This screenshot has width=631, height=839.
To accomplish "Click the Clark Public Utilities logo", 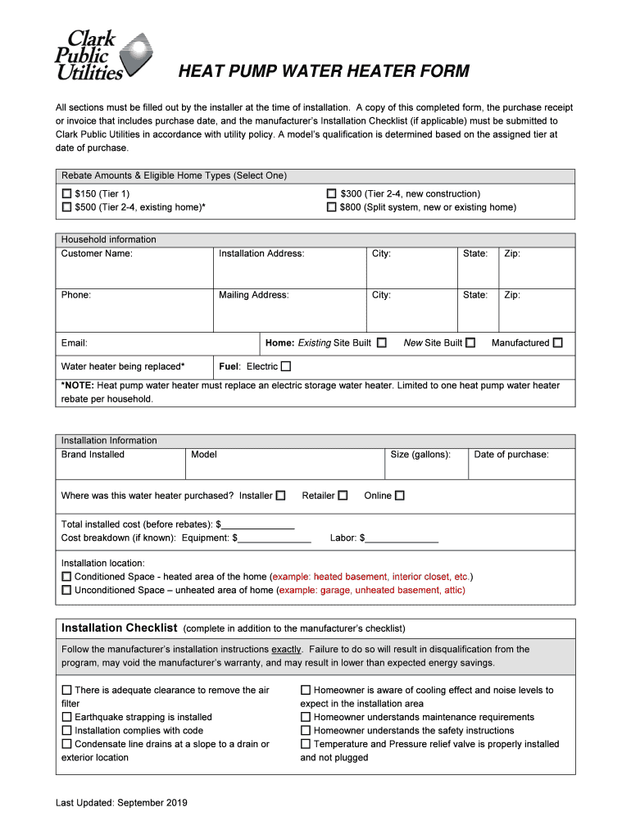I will (102, 54).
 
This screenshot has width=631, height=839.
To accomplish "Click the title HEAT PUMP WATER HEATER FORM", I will (324, 71).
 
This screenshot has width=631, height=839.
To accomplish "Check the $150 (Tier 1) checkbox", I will (66, 194).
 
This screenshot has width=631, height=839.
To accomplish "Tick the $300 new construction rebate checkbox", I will (332, 194).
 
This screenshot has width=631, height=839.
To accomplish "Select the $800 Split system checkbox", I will (332, 207).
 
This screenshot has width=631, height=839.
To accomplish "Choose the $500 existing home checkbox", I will (66, 207).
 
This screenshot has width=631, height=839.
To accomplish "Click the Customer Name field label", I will (97, 254).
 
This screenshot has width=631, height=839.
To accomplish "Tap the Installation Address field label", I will (261, 254).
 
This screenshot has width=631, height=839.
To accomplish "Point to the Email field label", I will (75, 343).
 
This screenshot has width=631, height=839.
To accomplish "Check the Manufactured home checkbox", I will (557, 342).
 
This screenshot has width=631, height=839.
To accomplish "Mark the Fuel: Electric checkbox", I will (286, 366).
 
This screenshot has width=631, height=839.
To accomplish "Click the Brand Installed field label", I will (93, 455).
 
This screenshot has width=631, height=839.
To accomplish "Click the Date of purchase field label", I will (511, 455).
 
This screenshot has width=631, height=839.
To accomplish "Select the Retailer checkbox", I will (343, 495).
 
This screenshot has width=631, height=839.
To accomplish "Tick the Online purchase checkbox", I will (400, 495).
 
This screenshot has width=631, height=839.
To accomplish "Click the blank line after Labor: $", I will (402, 538).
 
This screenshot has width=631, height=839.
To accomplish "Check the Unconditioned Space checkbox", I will (66, 590).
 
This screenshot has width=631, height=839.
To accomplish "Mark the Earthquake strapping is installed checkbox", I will (66, 717).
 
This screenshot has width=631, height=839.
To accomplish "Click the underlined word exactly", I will (286, 650).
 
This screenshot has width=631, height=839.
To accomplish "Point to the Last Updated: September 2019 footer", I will (121, 803).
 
